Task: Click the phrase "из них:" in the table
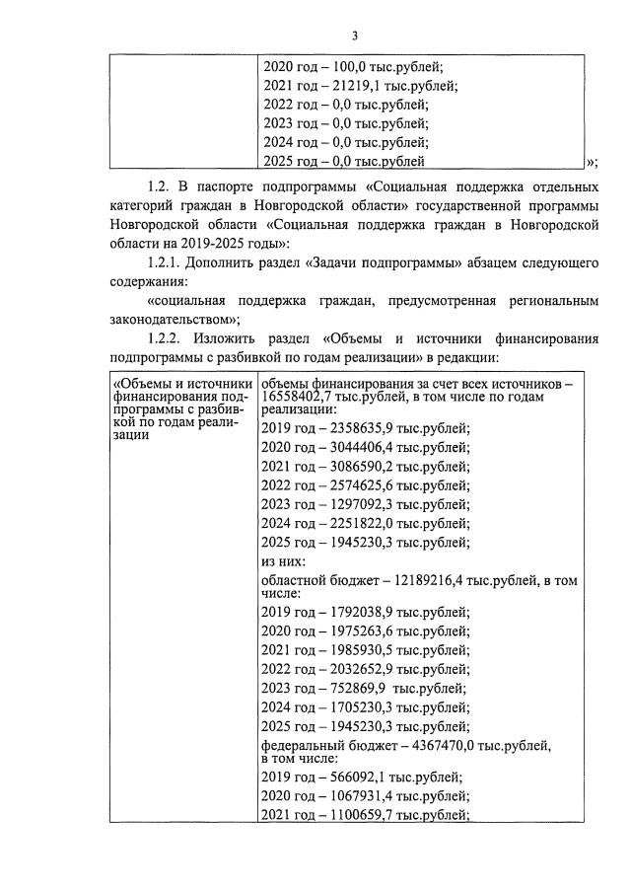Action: click(283, 561)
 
